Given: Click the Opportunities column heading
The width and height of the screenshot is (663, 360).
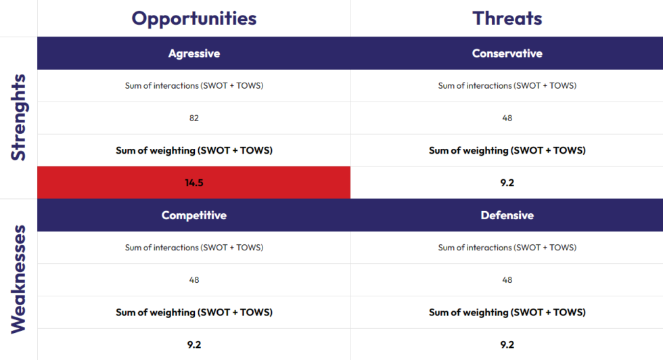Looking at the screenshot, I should click(194, 18).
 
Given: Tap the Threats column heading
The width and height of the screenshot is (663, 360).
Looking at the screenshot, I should click(507, 18).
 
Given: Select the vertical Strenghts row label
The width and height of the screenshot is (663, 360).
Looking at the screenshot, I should click(19, 117).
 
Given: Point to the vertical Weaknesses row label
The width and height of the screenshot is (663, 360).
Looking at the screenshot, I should click(19, 279).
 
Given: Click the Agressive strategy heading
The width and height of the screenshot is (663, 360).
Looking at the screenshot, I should click(194, 53).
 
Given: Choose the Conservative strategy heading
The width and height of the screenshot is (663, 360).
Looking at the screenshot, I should click(507, 53).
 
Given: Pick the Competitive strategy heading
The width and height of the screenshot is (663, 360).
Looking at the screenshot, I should click(194, 215).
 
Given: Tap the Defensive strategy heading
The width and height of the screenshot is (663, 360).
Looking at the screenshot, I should click(507, 215).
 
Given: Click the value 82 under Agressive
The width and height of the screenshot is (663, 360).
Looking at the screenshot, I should click(194, 118).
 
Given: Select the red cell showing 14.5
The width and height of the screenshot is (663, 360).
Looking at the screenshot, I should click(194, 183).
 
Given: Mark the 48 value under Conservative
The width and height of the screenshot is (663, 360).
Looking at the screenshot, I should click(507, 118).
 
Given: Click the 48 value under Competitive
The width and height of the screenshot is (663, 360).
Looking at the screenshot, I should click(194, 279).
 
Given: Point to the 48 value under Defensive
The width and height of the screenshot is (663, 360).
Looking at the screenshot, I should click(507, 279).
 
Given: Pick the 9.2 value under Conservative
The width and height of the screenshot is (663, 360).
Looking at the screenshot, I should click(507, 183).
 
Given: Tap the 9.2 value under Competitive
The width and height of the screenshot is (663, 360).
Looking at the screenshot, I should click(194, 344).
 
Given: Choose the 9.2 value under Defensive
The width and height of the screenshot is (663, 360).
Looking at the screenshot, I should click(507, 344).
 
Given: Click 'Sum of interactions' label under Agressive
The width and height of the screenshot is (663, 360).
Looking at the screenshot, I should click(194, 86).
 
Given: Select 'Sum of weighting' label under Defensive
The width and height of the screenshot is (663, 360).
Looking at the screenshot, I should click(507, 312).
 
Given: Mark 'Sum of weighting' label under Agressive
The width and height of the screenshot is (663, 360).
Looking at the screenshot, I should click(194, 150).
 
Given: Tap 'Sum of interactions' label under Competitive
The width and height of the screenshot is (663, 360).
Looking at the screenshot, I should click(194, 248).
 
